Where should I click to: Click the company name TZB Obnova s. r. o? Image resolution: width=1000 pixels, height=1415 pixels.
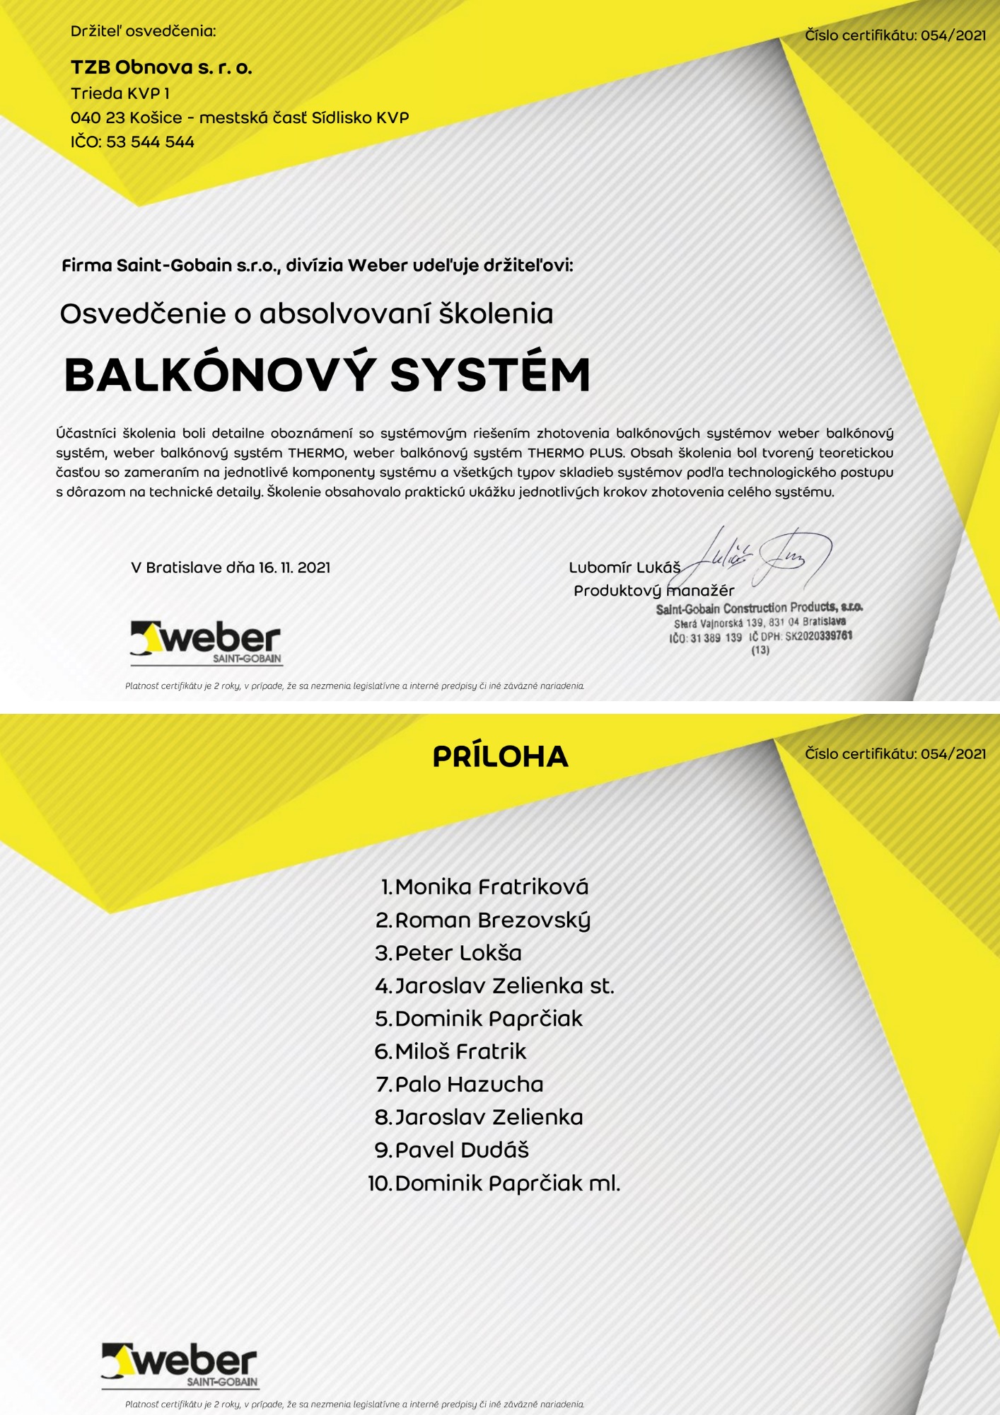tap(161, 67)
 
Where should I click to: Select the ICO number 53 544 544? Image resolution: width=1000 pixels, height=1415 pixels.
tap(150, 141)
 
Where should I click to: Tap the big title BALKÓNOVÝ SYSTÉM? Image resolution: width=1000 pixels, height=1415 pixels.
tap(327, 374)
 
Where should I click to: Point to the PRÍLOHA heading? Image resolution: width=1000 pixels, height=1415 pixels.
tap(500, 756)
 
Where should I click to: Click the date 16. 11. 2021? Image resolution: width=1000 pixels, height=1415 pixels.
tap(294, 567)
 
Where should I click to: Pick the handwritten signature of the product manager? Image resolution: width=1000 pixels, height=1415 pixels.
tap(760, 558)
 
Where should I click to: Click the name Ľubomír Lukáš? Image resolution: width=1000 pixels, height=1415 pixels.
tap(624, 567)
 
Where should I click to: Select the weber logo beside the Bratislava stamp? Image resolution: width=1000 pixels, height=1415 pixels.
tap(206, 642)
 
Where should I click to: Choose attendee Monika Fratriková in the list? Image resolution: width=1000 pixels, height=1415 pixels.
tap(492, 886)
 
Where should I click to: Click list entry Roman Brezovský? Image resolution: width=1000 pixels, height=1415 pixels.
tap(492, 920)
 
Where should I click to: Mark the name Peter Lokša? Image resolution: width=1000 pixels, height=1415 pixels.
tap(458, 953)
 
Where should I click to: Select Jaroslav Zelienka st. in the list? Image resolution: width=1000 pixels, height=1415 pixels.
tap(504, 986)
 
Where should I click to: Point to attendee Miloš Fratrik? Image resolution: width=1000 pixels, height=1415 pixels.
tap(460, 1051)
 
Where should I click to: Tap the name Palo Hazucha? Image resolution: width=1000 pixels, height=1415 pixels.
tap(469, 1084)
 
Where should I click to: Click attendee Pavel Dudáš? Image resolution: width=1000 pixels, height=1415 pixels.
tap(462, 1150)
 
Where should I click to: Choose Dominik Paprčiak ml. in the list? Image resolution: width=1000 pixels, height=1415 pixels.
tap(507, 1183)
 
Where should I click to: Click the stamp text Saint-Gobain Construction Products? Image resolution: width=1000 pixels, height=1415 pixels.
tap(759, 608)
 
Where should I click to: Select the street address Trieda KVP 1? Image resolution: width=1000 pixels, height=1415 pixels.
tap(120, 93)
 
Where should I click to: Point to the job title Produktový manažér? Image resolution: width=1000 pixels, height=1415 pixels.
tap(653, 591)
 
